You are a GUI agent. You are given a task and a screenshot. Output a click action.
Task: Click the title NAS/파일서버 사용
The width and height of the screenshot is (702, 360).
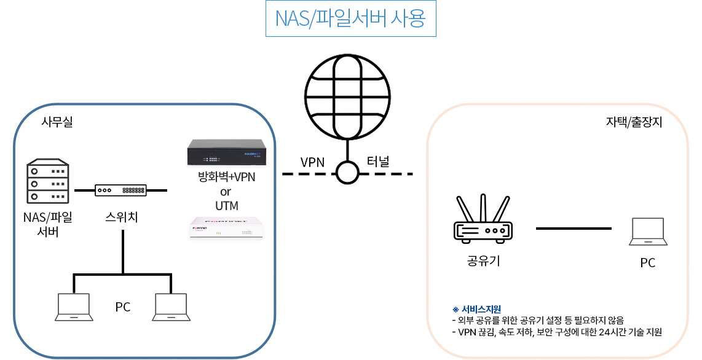tap(350, 19)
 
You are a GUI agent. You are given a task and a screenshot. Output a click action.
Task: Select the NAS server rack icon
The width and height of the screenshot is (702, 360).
tap(47, 182)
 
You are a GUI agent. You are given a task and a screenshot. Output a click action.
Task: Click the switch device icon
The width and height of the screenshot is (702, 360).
tap(120, 190)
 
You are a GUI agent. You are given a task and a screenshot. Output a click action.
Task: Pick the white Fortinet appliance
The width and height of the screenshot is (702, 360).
tap(226, 227)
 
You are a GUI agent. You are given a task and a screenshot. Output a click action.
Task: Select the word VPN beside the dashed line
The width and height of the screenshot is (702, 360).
tap(312, 163)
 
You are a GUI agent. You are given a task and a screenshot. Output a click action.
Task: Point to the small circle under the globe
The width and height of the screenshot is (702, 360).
tap(347, 173)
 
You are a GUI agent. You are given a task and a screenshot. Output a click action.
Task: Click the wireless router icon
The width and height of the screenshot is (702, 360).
tap(483, 219)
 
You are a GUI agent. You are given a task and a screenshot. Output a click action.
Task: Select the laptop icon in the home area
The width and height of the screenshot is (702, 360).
tap(648, 232)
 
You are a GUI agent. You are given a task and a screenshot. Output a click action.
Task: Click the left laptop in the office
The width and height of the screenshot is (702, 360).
tap(74, 307)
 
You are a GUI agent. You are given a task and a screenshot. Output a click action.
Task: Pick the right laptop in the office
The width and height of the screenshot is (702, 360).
tap(171, 307)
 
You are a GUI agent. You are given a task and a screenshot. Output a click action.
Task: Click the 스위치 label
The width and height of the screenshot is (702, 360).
tap(122, 216)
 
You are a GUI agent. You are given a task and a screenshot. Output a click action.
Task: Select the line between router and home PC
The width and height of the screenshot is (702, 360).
tap(574, 229)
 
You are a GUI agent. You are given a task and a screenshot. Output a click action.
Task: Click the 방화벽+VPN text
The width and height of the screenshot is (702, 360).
tap(226, 178)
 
